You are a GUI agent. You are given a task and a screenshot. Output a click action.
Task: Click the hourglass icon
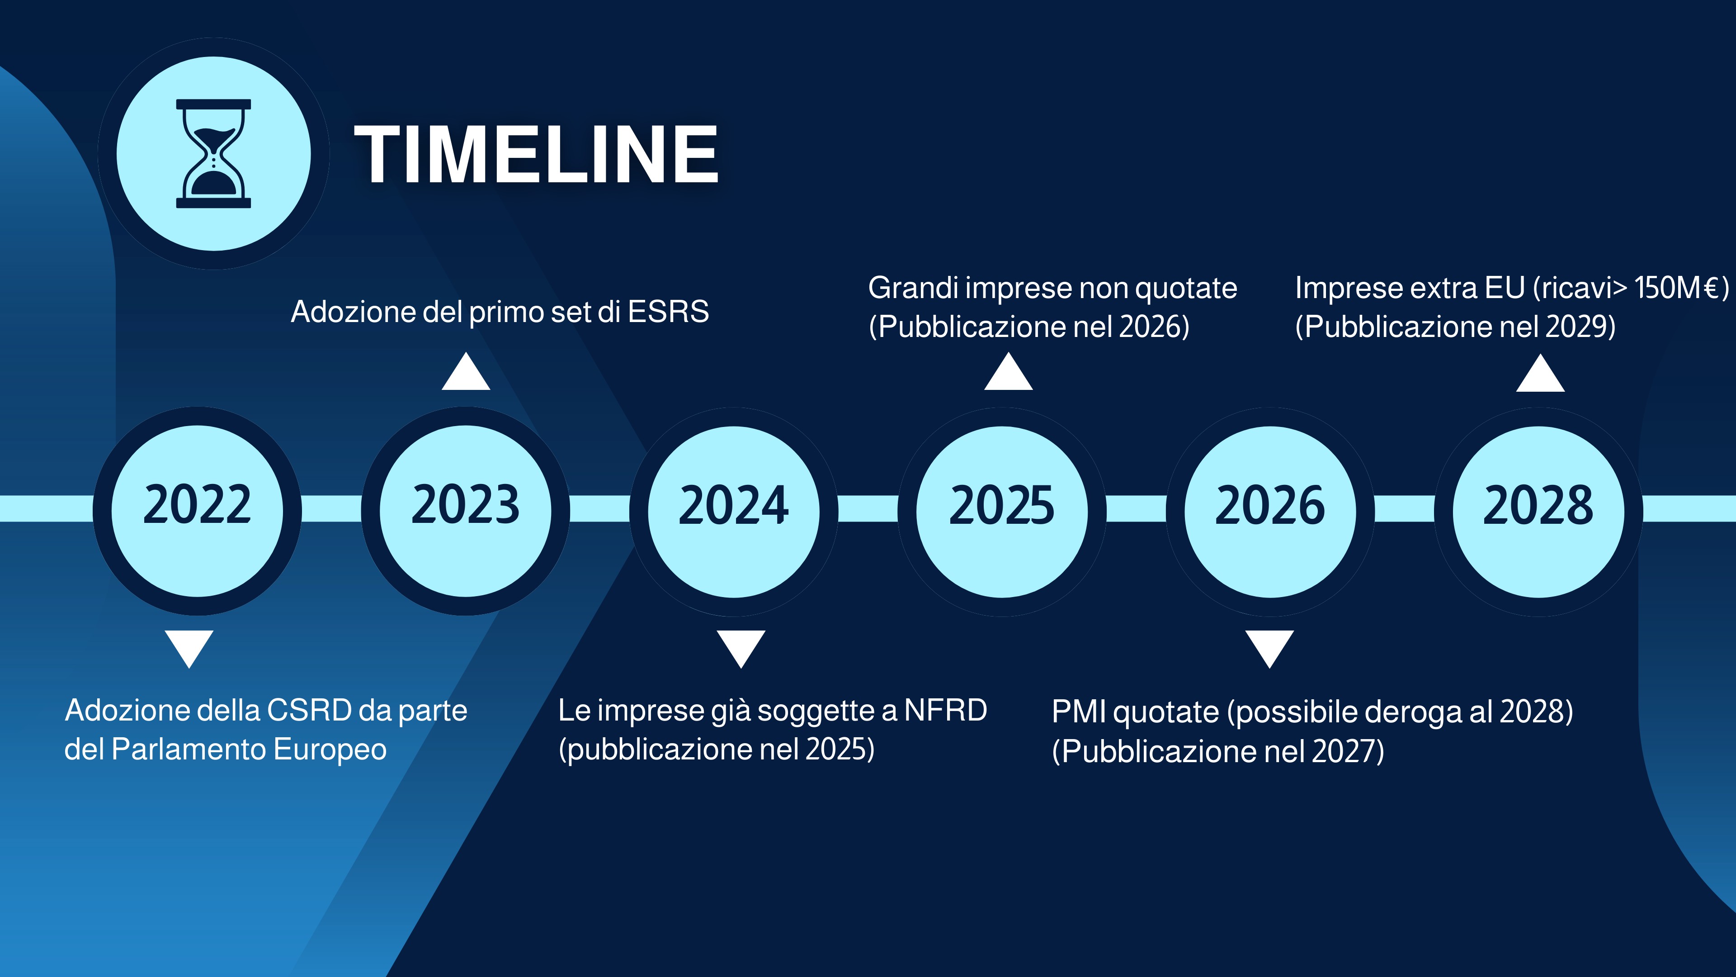click(x=214, y=154)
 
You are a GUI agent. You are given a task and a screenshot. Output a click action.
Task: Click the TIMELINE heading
click(x=537, y=154)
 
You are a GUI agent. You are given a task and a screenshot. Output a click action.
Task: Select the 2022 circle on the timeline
click(x=198, y=511)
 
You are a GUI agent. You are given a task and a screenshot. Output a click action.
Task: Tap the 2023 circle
click(x=466, y=511)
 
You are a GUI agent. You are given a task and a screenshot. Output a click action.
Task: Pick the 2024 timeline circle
click(x=734, y=511)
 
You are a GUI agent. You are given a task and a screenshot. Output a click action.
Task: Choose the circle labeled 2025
click(x=1002, y=511)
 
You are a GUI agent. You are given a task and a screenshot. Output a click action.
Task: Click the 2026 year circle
click(x=1270, y=511)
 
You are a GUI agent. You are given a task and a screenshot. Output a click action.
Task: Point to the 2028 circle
click(x=1538, y=511)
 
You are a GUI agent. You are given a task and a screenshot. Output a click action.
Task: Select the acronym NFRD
click(x=945, y=710)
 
